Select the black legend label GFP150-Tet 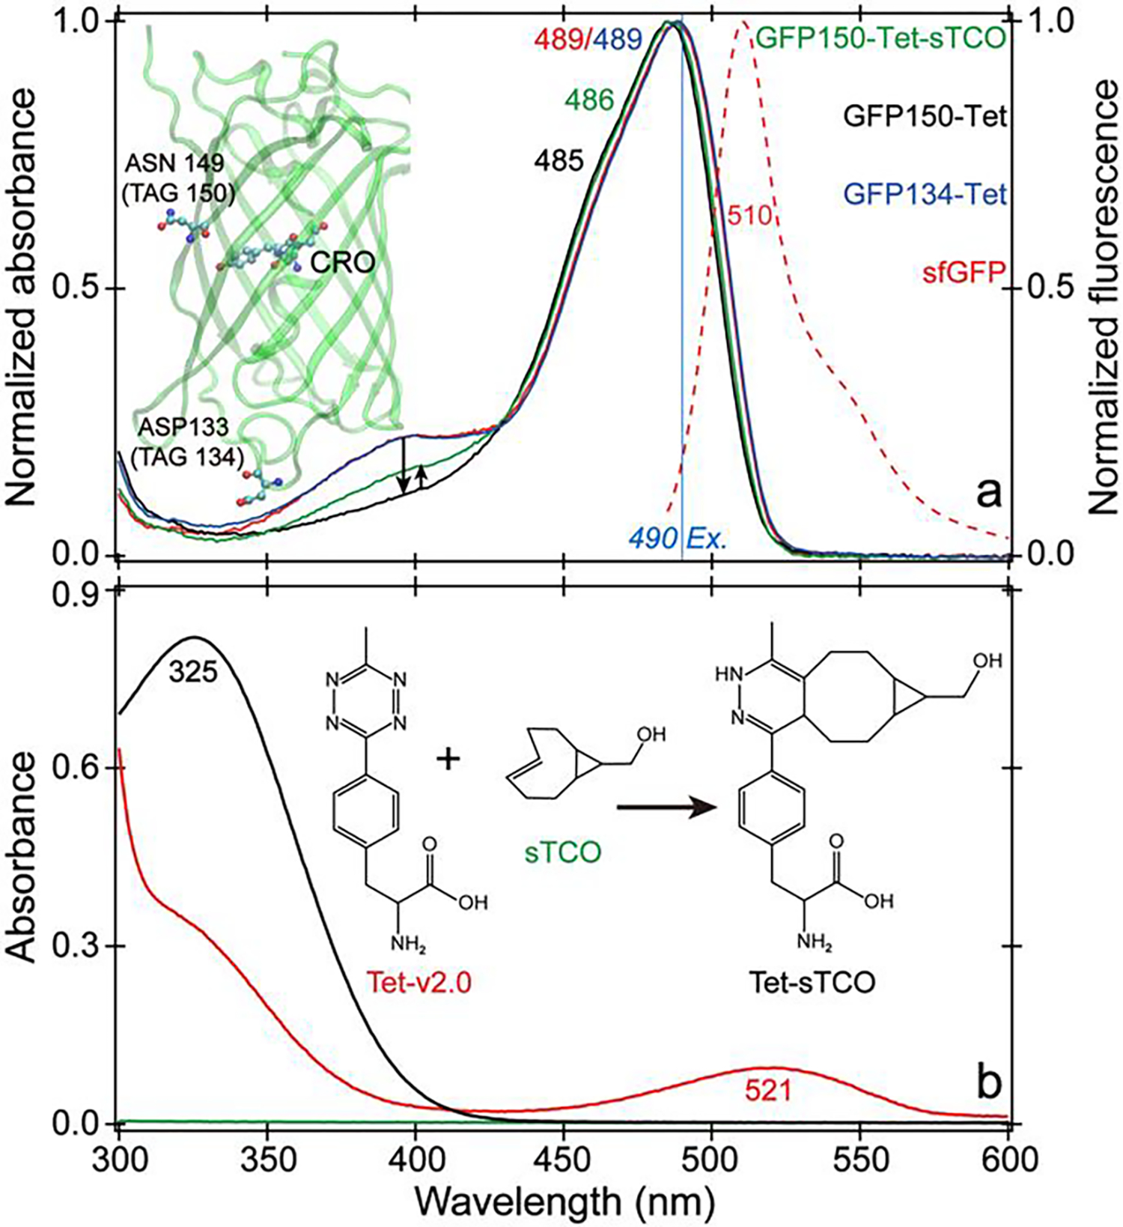click(x=924, y=116)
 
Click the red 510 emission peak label click(x=749, y=216)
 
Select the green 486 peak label click(x=591, y=100)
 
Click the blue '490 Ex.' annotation click(x=678, y=539)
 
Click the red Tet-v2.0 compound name click(x=418, y=982)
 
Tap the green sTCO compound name click(x=567, y=852)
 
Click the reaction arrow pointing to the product click(x=662, y=808)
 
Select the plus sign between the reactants click(x=448, y=760)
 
